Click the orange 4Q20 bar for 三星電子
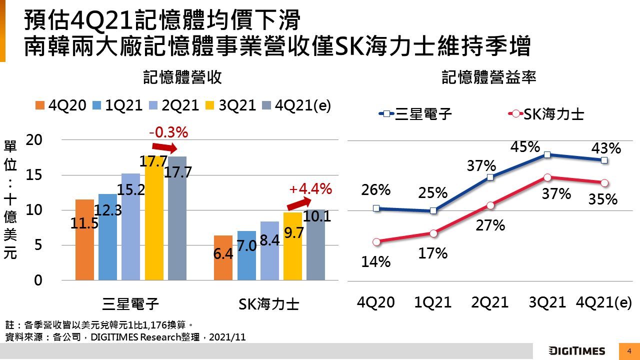84,239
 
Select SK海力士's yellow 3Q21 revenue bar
292,246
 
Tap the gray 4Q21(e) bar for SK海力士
315,244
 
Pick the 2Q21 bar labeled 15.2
130,226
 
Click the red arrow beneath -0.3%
164,147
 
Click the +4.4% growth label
310,189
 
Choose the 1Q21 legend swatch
97,105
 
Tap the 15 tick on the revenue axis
34,175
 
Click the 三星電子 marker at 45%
547,155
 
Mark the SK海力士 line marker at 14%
376,241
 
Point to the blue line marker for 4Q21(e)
604,160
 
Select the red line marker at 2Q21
490,205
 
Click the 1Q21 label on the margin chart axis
433,302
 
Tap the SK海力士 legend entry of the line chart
546,114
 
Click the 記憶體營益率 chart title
489,77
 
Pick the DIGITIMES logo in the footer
576,350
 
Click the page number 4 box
629,350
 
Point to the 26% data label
376,190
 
